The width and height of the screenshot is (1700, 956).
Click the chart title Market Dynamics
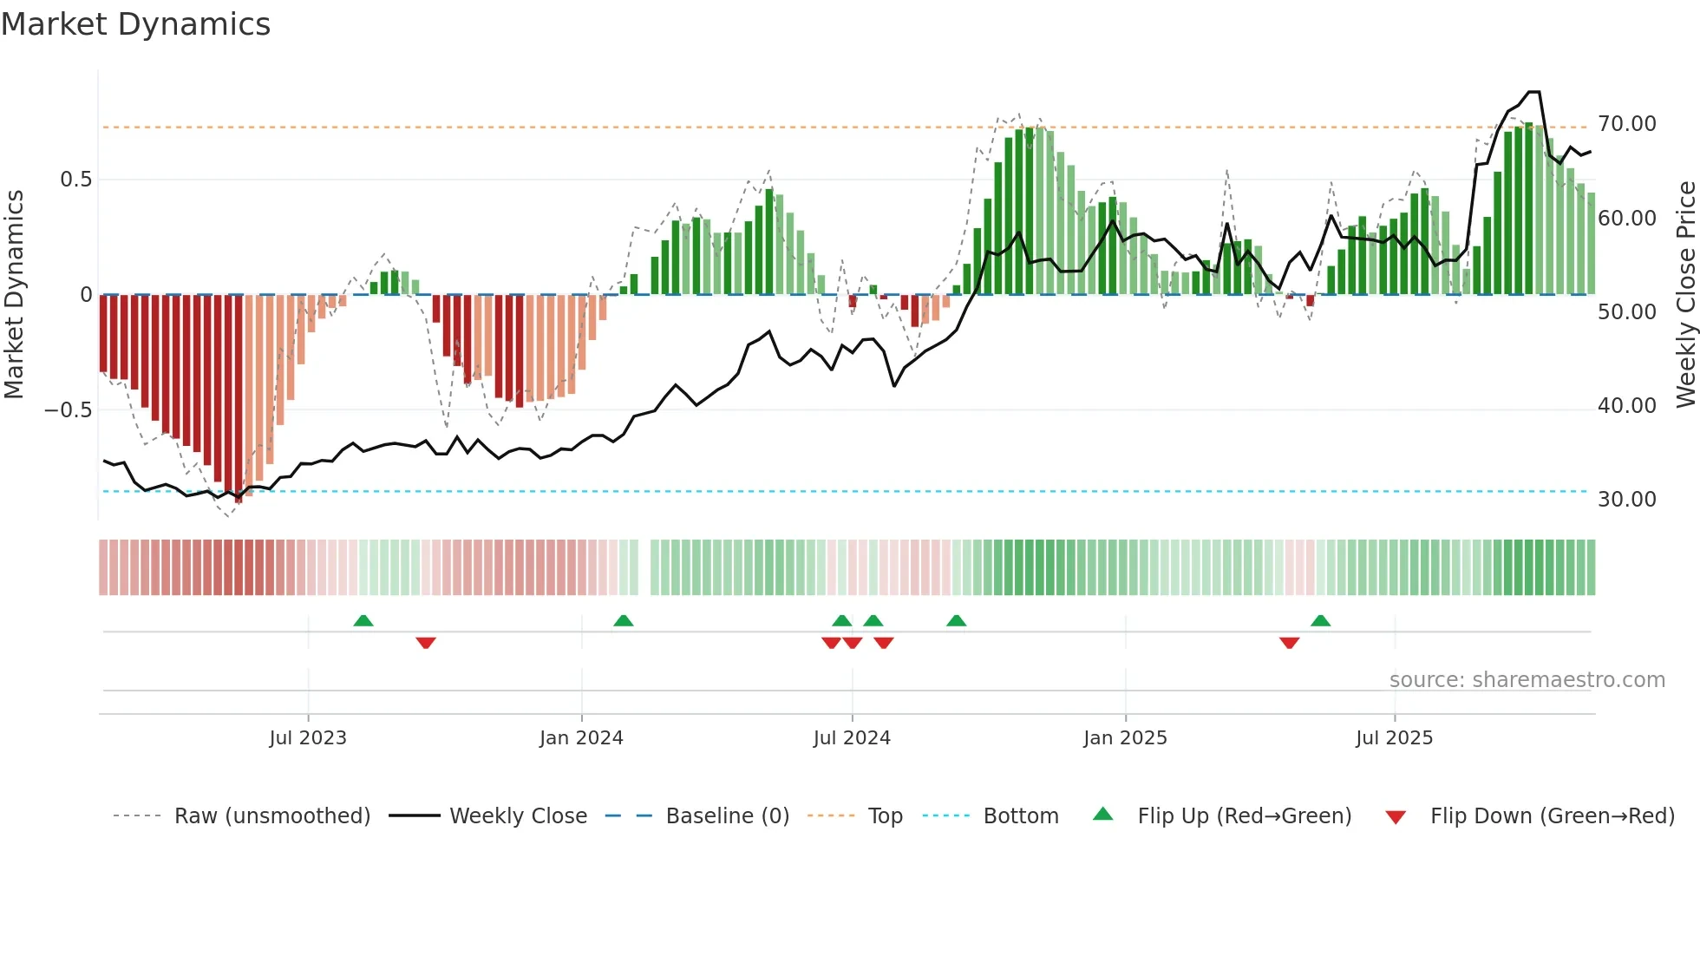point(135,24)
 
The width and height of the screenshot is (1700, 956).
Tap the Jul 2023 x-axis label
point(307,738)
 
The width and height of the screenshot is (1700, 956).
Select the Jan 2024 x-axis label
point(581,738)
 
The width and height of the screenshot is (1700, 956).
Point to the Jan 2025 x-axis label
point(1125,738)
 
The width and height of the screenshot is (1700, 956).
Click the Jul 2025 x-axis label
point(1394,738)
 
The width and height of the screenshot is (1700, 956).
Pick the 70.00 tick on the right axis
point(1626,124)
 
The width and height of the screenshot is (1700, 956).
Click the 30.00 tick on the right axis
point(1626,500)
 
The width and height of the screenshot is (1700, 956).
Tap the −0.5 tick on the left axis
point(68,409)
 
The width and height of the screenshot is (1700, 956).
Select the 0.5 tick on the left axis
point(75,180)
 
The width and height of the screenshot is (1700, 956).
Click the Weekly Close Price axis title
point(1685,295)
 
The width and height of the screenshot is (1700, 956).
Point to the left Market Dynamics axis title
point(14,295)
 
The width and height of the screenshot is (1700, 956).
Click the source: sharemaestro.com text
point(1527,680)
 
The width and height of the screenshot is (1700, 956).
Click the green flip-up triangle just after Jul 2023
point(363,621)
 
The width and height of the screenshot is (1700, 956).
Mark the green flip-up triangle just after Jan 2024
point(623,621)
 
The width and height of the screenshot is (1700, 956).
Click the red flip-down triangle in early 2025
point(1289,643)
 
